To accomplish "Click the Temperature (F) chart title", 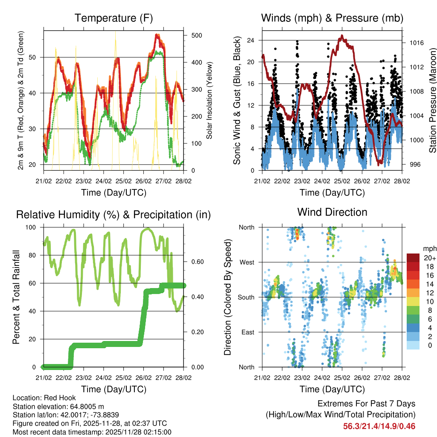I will click(x=114, y=18).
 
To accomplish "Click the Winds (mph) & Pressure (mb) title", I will click(x=332, y=18).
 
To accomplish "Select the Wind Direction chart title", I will click(x=332, y=212).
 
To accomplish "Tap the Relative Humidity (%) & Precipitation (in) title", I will click(x=114, y=215).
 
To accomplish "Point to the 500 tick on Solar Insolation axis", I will click(x=196, y=35).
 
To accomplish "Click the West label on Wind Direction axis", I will click(x=247, y=262).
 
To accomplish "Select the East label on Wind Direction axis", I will click(x=247, y=332).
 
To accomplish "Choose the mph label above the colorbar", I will click(x=429, y=248).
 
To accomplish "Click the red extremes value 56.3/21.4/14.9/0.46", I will click(x=379, y=426).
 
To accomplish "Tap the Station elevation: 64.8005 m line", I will click(x=58, y=406).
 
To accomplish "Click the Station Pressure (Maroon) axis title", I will click(x=432, y=101).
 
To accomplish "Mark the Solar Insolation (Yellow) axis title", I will click(x=210, y=101).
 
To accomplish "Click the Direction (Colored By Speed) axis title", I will click(x=227, y=297).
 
